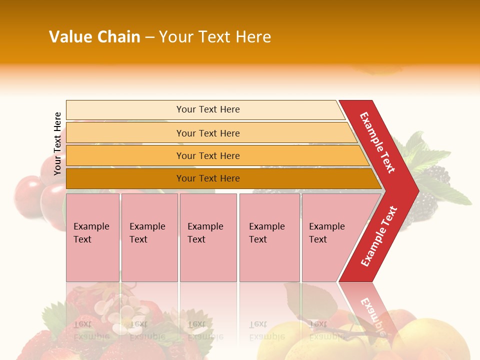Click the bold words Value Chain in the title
[94, 37]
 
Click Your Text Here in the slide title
[215, 37]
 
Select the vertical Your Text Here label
[57, 143]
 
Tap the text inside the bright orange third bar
[208, 156]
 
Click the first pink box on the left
[92, 237]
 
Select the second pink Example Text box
[149, 237]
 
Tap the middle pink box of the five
[208, 237]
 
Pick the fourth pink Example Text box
[269, 237]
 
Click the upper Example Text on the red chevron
[377, 142]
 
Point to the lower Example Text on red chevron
[378, 236]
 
